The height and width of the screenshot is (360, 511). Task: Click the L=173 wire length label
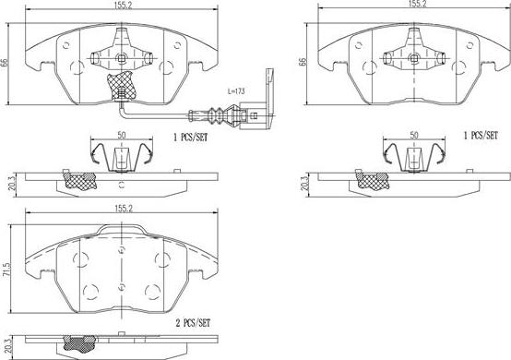236,91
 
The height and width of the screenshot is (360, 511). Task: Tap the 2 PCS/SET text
193,323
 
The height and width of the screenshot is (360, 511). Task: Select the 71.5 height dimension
6,270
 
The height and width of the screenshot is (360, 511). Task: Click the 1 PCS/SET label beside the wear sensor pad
190,138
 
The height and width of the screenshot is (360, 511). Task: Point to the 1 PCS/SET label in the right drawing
481,136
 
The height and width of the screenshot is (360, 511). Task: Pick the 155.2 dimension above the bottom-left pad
124,208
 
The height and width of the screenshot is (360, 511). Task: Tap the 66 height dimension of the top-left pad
4,63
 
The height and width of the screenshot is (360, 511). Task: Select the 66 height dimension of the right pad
303,62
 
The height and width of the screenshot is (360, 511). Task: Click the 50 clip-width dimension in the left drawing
121,135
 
